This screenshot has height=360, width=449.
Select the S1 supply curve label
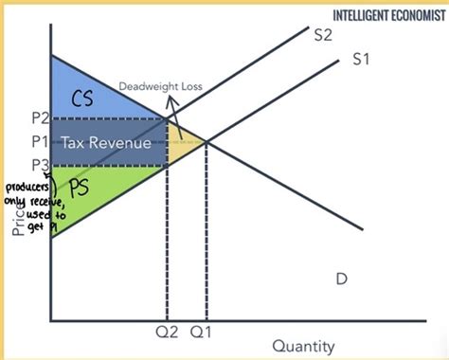coord(360,59)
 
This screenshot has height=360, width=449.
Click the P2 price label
coord(31,118)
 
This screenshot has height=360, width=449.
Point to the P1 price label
coord(31,141)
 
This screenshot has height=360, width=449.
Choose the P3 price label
coord(31,163)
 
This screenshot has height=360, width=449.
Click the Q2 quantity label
coord(166,333)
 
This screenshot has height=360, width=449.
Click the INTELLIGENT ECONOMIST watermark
coord(389,14)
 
